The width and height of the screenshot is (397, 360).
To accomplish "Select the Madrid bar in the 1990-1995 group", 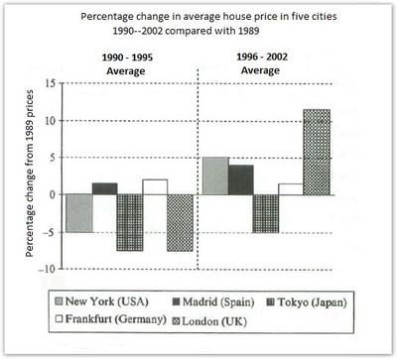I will pos(104,188).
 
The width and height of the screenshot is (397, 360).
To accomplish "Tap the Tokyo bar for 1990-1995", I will pos(130,222).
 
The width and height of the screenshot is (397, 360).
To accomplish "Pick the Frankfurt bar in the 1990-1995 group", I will pos(156,186).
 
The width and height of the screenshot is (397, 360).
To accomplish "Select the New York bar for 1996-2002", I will pos(215,176).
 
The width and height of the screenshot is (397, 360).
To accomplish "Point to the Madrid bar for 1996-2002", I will pos(241,180).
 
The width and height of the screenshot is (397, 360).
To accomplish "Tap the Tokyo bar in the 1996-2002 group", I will pos(266,213).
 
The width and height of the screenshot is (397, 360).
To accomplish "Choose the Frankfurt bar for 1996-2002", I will pos(290,188).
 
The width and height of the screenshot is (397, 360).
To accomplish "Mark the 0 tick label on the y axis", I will pos(50,195).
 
